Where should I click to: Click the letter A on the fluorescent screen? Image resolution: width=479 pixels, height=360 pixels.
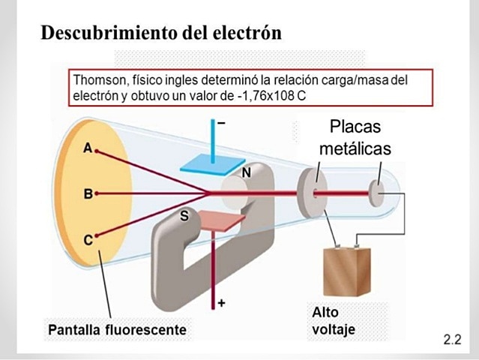(x=88, y=148)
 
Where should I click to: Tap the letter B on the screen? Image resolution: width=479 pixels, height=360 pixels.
(x=88, y=194)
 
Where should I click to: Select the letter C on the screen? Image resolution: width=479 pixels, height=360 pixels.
(x=88, y=239)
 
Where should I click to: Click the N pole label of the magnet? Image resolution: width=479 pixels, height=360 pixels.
(x=246, y=172)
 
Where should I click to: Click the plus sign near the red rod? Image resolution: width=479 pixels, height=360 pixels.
(x=221, y=303)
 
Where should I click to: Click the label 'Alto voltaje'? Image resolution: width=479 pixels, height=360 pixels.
(x=330, y=320)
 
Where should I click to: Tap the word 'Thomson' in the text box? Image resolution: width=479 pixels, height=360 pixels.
(x=98, y=79)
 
